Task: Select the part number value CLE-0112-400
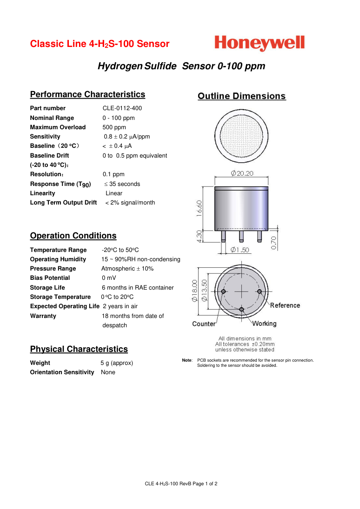point(122,108)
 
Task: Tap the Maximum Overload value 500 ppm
point(114,127)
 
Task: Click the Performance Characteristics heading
point(87,94)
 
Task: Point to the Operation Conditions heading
point(73,236)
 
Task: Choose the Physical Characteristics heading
point(79,349)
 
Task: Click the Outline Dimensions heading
point(241,96)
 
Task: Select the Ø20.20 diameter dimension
point(242,173)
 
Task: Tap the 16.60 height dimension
point(199,208)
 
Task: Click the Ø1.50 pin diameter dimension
point(240,250)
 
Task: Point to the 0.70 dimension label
point(273,243)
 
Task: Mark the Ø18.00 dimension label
point(195,291)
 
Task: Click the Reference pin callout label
point(285,305)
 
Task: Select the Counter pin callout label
point(204,324)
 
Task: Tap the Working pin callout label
point(264,324)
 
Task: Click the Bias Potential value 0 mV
point(109,278)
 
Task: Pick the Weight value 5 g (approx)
point(117,363)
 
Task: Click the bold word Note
point(187,360)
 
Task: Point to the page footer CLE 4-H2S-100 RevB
point(181,483)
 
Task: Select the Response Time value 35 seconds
point(122,184)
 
